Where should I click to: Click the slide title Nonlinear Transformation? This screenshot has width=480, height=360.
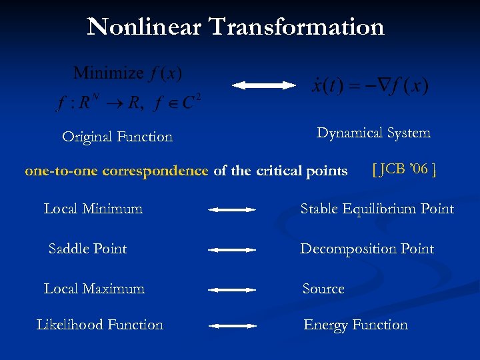point(236,27)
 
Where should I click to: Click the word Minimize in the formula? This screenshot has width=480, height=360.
point(108,73)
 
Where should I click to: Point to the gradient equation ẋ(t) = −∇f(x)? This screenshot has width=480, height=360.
point(370,86)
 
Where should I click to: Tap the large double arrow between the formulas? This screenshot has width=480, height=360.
point(263,85)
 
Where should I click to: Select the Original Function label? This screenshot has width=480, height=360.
point(117,137)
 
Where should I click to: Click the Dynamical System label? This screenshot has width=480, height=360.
point(373,133)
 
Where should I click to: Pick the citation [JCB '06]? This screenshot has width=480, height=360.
point(405,169)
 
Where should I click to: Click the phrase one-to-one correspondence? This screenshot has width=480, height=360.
point(117,171)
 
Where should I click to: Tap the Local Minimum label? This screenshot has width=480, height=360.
point(93,209)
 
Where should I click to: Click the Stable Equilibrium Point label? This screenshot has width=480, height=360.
point(377,209)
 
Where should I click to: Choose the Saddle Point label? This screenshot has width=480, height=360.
point(88,249)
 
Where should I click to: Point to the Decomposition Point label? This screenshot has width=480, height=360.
point(367,249)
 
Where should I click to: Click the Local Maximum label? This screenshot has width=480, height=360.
point(94,289)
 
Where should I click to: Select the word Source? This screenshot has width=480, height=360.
point(323,289)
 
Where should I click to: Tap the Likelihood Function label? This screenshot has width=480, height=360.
point(100,325)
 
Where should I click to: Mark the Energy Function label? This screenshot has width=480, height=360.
point(355,325)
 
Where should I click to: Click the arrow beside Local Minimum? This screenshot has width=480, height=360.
point(232,210)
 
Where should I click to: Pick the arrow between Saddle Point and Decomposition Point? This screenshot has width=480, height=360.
point(232,250)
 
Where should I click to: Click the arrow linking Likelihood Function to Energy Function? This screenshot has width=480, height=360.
point(232,326)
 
